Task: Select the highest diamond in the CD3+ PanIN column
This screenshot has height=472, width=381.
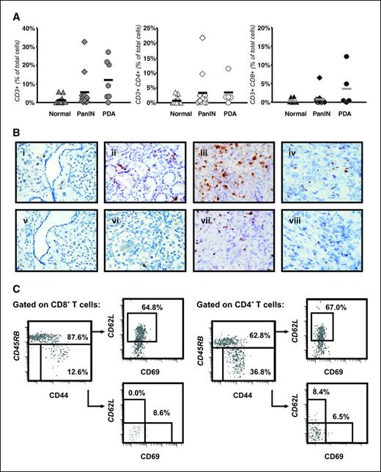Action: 85,42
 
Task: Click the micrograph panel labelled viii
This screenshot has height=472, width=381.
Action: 329,242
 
